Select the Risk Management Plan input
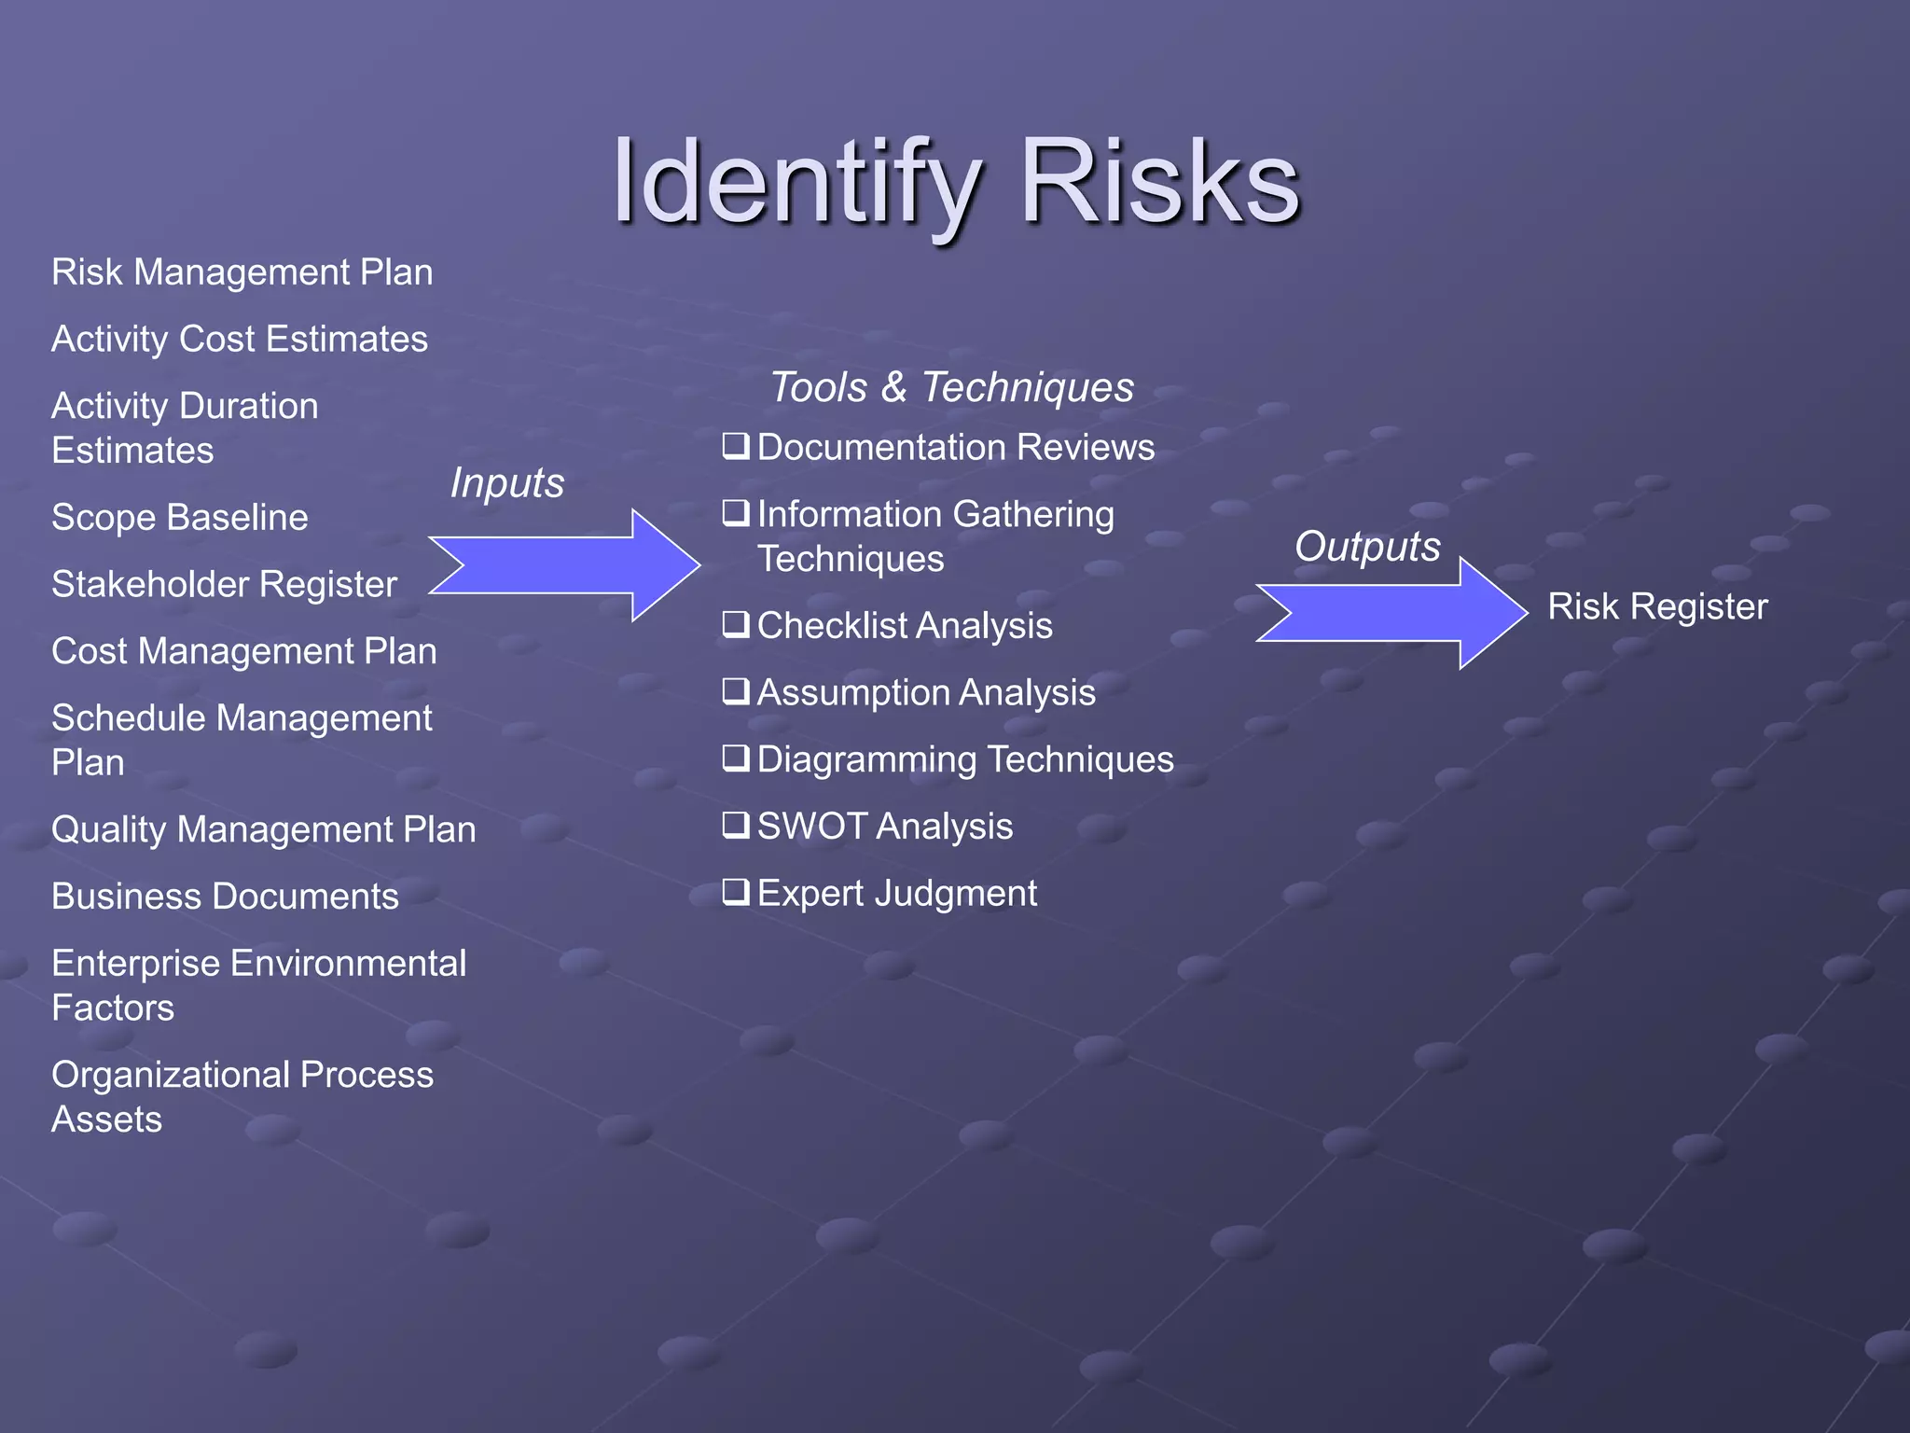pos(242,272)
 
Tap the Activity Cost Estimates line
pos(240,340)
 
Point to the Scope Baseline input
pos(179,518)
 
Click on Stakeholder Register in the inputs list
pos(224,585)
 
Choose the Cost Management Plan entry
pos(243,651)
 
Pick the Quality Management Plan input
pos(263,830)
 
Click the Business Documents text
pos(225,897)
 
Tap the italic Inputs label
pos(506,483)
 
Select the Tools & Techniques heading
pos(951,387)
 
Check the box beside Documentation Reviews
pos(736,446)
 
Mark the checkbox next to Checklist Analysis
pos(736,624)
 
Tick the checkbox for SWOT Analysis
pos(736,825)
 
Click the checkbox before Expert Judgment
pos(736,892)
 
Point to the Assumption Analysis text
pos(925,693)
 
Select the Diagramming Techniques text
pos(964,760)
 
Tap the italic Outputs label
pos(1367,547)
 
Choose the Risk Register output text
pos(1657,607)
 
